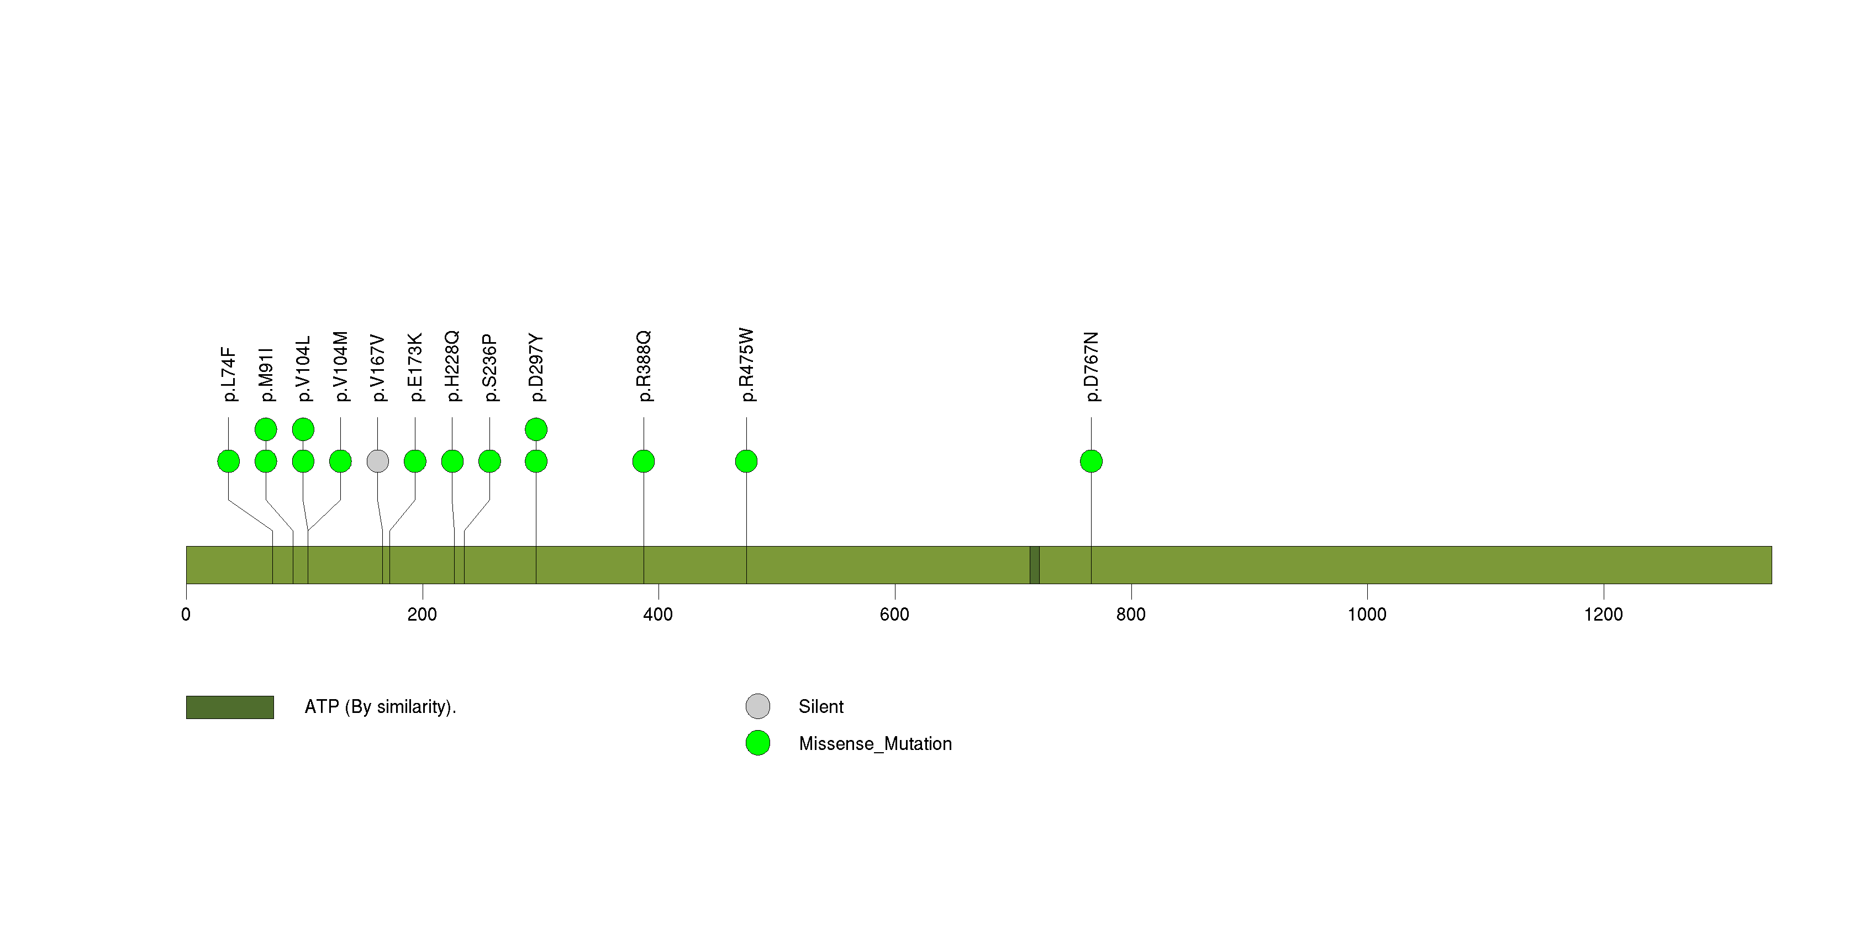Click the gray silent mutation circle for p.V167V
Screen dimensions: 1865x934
pos(377,461)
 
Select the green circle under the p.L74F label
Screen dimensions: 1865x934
pos(228,461)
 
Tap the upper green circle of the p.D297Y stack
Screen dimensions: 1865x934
pos(536,429)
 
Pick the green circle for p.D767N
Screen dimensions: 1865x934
pos(1091,461)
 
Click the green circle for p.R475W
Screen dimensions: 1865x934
pos(746,461)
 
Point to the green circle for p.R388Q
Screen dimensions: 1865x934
pos(644,461)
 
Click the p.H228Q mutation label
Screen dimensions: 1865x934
pos(452,366)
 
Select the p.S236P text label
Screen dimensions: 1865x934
pos(489,368)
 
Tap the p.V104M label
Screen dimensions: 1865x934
pos(340,366)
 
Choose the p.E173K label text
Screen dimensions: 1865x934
pos(415,367)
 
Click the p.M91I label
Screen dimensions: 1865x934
pos(266,374)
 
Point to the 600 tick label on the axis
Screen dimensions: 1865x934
pos(894,615)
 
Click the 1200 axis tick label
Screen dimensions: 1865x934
pos(1604,615)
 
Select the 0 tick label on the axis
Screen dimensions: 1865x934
pos(186,615)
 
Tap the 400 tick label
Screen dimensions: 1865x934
pos(658,615)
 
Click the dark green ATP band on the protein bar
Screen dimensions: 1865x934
pos(1035,565)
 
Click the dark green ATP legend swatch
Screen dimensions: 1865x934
pos(230,707)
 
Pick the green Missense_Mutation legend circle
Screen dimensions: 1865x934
pos(758,743)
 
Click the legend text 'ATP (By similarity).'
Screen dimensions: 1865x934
pos(381,707)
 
